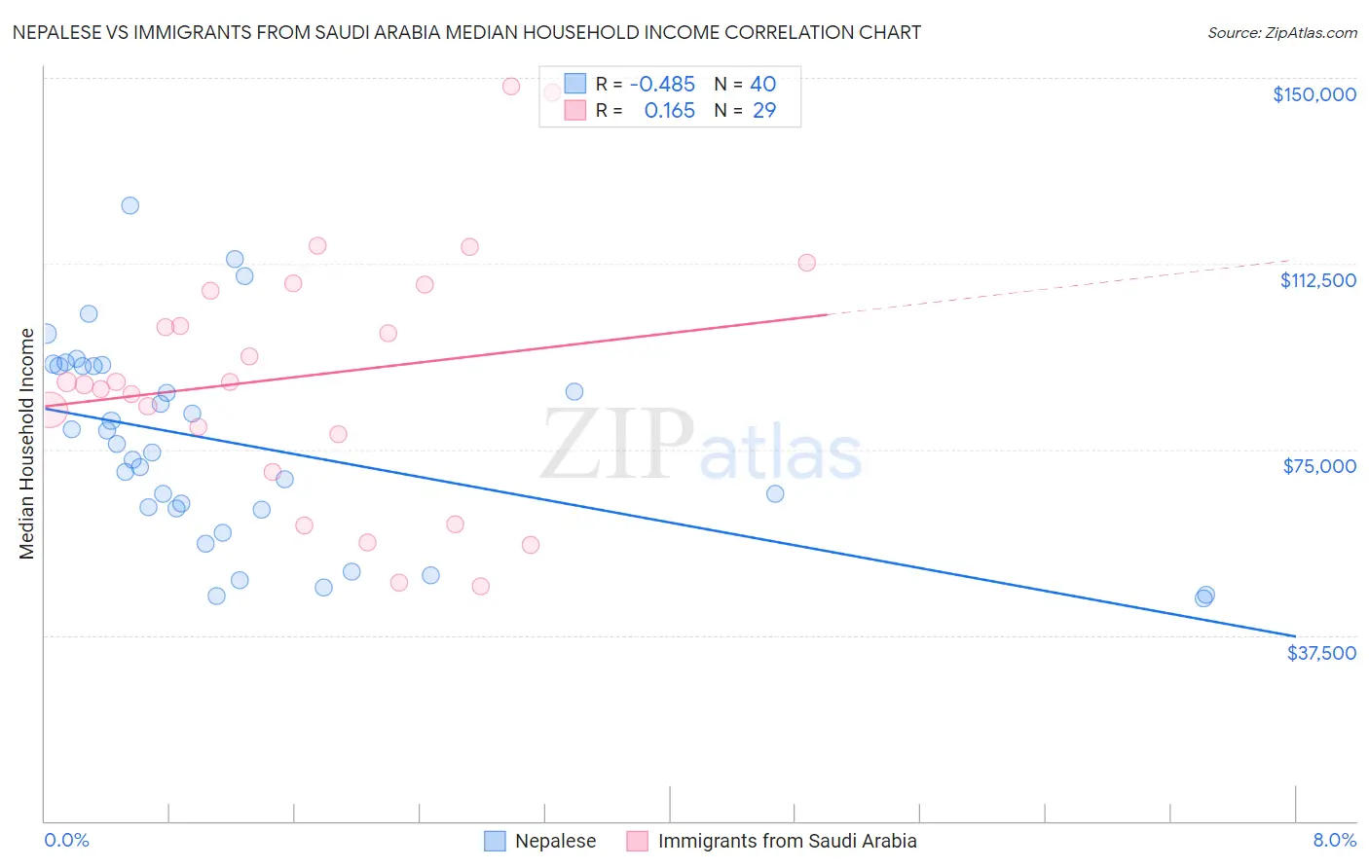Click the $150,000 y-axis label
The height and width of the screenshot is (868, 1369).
pyautogui.click(x=1313, y=94)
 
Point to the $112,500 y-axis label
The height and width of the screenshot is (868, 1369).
pyautogui.click(x=1317, y=280)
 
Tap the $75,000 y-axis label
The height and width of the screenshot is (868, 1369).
pyautogui.click(x=1319, y=466)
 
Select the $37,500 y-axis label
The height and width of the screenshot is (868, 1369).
pyautogui.click(x=1320, y=653)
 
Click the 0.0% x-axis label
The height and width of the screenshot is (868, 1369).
pyautogui.click(x=66, y=840)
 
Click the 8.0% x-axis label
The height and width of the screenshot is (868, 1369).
pyautogui.click(x=1334, y=840)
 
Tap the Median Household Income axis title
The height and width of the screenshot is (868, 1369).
pyautogui.click(x=26, y=444)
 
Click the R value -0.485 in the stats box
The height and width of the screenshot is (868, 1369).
pyautogui.click(x=662, y=85)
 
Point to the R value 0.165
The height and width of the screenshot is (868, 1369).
pyautogui.click(x=670, y=111)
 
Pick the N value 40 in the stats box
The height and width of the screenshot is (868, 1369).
pyautogui.click(x=762, y=85)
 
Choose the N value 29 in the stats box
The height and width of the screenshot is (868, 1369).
pyautogui.click(x=763, y=111)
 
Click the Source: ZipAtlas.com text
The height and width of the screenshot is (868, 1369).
pyautogui.click(x=1281, y=33)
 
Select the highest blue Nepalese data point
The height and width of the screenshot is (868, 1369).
pyautogui.click(x=129, y=205)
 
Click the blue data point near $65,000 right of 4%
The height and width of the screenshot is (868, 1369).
pyautogui.click(x=775, y=493)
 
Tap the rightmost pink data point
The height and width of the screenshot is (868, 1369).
pyautogui.click(x=806, y=263)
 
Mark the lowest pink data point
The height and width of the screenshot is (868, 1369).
pyautogui.click(x=480, y=586)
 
